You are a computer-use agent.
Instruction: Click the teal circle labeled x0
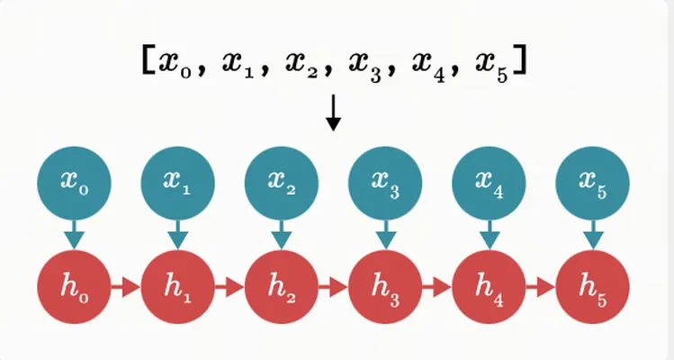click(x=75, y=184)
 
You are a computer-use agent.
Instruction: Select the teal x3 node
click(x=385, y=184)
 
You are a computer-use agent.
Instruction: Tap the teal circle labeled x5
click(x=592, y=184)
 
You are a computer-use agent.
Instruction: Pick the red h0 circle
click(x=75, y=287)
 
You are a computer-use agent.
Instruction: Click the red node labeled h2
click(x=282, y=287)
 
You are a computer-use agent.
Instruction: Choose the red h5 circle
click(x=592, y=287)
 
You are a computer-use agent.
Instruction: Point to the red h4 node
click(x=489, y=287)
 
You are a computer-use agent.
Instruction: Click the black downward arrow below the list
click(x=333, y=112)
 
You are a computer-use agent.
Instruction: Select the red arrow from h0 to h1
click(x=126, y=287)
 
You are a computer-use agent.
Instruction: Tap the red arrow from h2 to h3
click(x=333, y=287)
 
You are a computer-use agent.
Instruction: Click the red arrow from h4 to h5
click(x=540, y=287)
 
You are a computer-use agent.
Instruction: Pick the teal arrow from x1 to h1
click(x=178, y=235)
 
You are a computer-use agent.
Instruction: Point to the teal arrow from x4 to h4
click(x=489, y=235)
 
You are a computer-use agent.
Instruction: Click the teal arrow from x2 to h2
click(x=282, y=235)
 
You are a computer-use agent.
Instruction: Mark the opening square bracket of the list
click(x=148, y=60)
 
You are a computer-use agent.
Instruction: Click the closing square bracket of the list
click(x=519, y=60)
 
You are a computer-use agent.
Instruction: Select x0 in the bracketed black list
click(x=175, y=64)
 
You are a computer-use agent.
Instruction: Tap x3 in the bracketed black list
click(x=365, y=66)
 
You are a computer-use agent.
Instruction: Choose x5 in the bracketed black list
click(x=492, y=66)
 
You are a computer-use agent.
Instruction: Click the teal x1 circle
click(x=178, y=184)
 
